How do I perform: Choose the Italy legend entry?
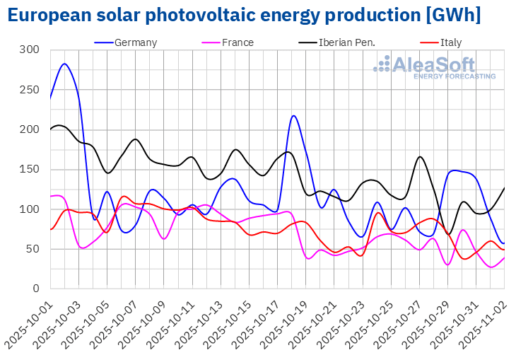point(450,42)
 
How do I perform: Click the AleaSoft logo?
point(435,67)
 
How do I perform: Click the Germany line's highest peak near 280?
point(64,64)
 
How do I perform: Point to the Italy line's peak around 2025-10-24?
point(378,212)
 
